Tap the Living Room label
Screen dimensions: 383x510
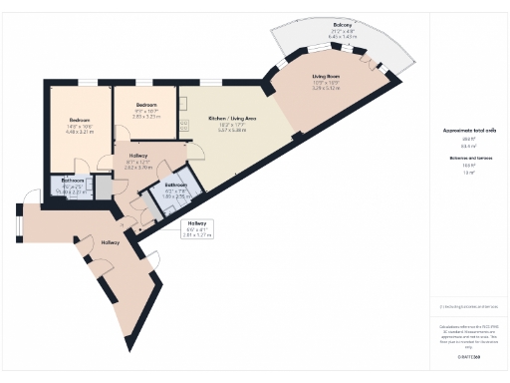point(326,77)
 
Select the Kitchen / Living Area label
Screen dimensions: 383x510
point(232,119)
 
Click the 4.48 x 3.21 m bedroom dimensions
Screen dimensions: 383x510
point(79,132)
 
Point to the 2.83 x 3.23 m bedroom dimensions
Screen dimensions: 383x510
point(147,117)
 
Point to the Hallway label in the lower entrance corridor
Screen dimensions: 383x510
point(111,242)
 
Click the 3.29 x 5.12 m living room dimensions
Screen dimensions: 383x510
point(326,89)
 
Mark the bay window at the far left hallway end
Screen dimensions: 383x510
point(17,221)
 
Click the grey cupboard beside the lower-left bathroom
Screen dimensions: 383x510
point(102,188)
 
